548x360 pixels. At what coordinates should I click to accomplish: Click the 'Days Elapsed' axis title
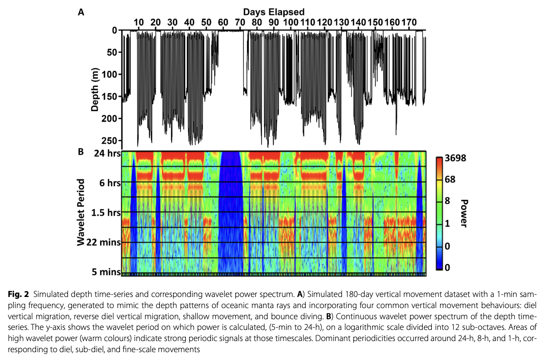click(x=273, y=12)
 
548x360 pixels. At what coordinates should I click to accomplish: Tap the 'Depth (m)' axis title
click(x=96, y=89)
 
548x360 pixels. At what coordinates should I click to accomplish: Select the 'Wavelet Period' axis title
click(x=82, y=212)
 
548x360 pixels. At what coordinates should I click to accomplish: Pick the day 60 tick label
click(x=223, y=22)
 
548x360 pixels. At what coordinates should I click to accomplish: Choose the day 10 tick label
click(x=139, y=22)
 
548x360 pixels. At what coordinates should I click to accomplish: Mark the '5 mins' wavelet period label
click(x=105, y=271)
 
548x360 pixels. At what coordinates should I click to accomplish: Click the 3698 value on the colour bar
click(x=455, y=158)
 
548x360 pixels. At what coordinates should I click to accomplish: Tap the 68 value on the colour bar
click(x=450, y=180)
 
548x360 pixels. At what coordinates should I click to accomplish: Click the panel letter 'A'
click(x=81, y=12)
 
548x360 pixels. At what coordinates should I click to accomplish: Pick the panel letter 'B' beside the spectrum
click(x=81, y=152)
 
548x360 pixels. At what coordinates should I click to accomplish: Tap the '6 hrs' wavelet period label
click(x=108, y=183)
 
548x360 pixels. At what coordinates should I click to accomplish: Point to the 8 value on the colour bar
click(x=447, y=201)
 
